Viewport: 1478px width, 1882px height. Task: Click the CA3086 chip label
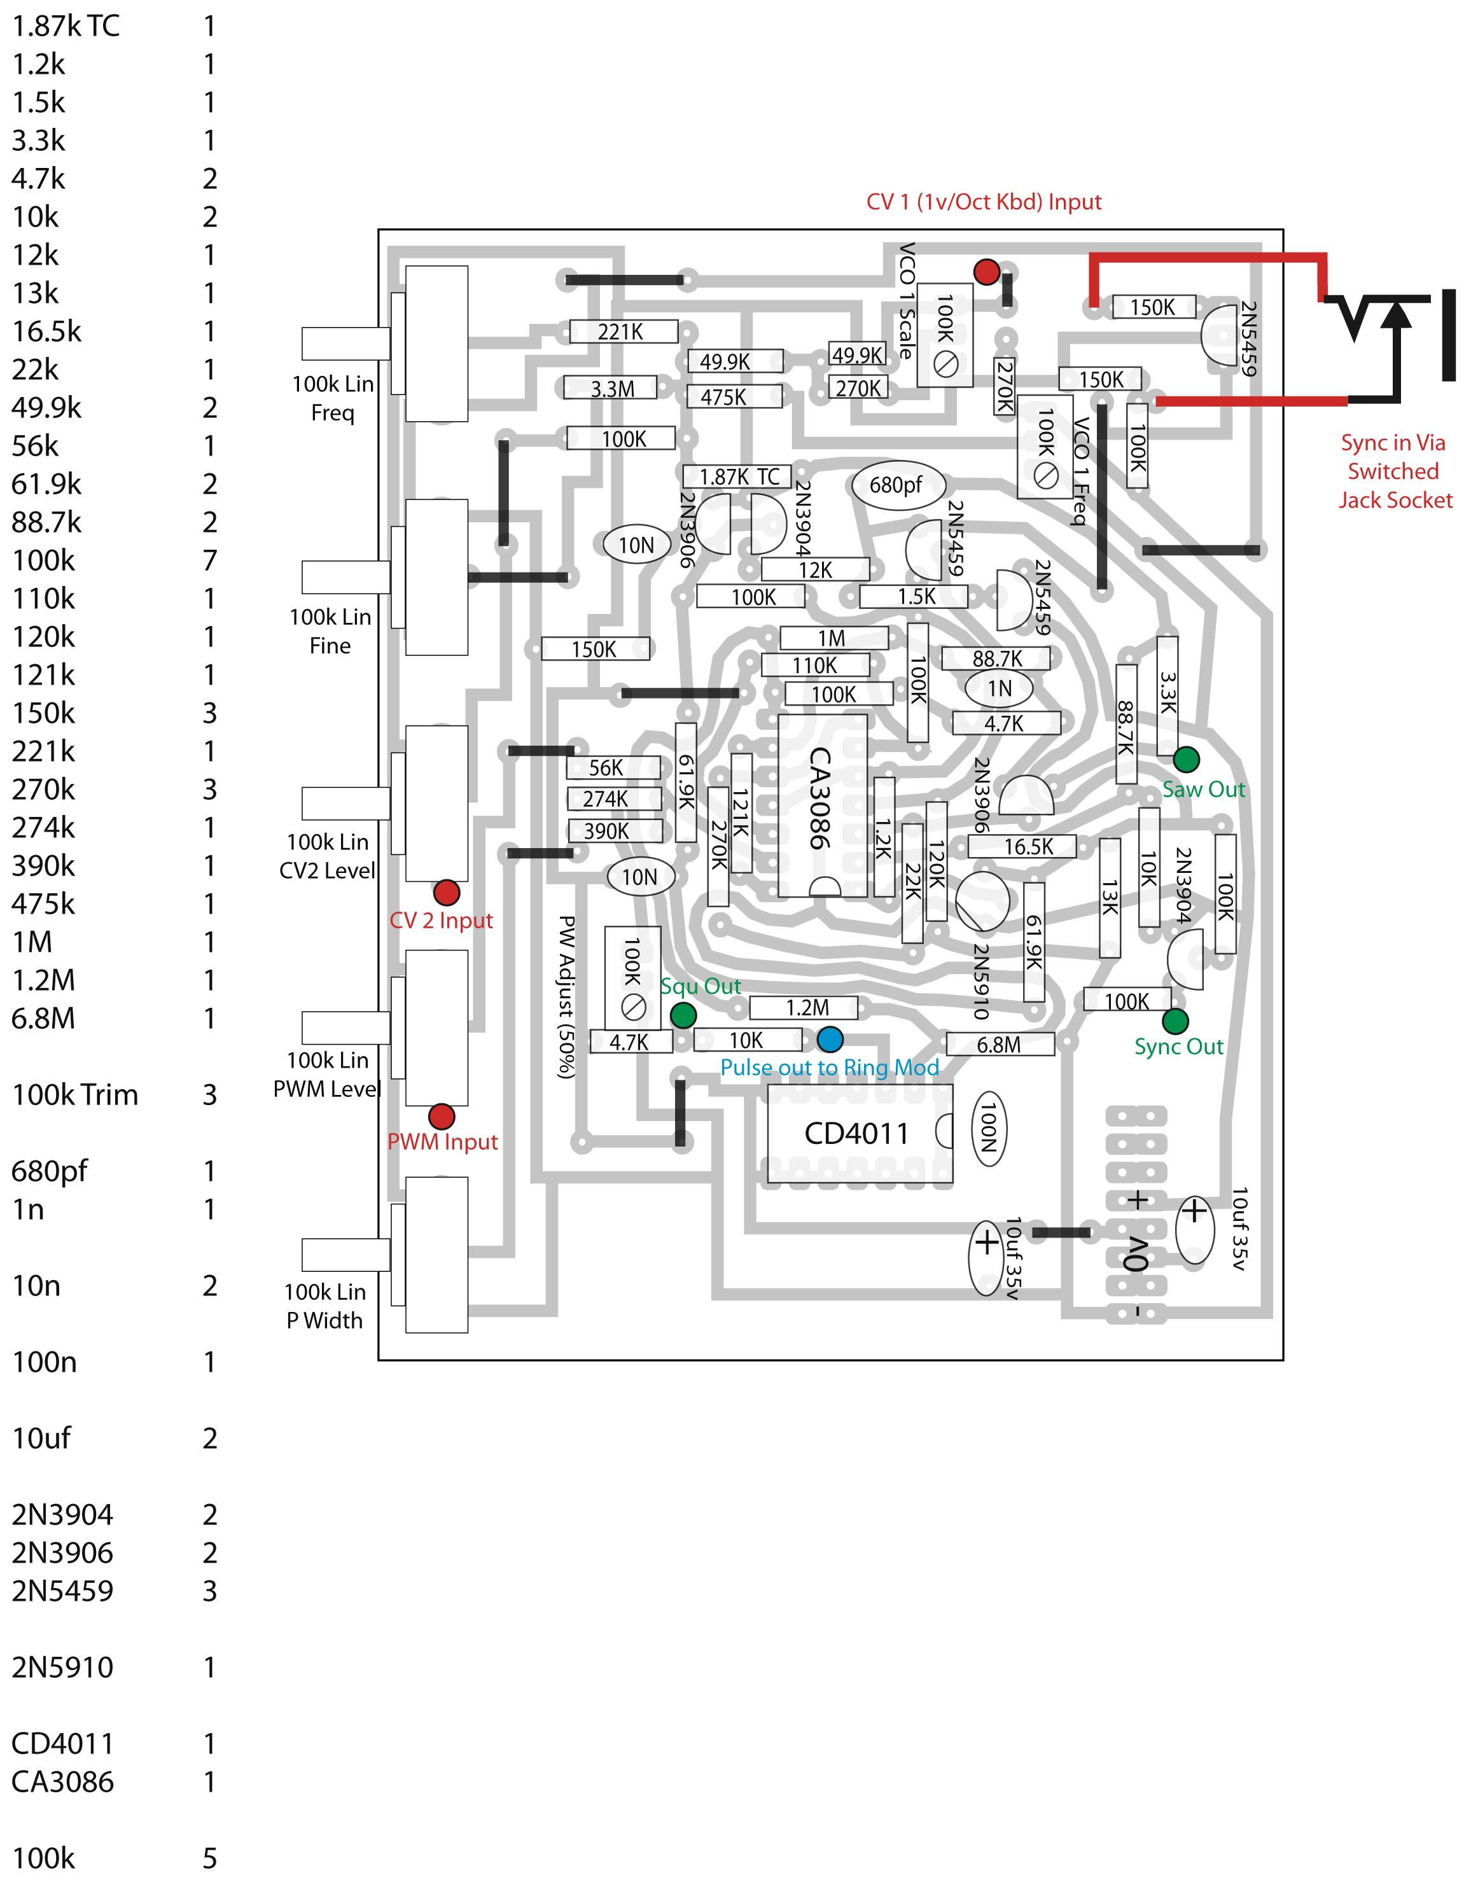pos(819,797)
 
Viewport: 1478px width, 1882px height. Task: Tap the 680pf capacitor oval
pos(896,485)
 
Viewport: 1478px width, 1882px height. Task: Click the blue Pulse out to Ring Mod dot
pos(829,1038)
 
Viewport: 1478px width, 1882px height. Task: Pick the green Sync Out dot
pos(1175,1021)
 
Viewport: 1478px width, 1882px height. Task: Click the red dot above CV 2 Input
pos(447,892)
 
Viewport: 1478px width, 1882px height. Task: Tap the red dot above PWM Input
pos(442,1116)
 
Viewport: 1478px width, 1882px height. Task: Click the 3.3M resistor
pos(613,389)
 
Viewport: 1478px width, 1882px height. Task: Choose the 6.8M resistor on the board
pos(1000,1045)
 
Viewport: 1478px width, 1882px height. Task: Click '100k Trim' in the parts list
pos(75,1094)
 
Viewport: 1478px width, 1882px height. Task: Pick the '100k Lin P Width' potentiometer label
pos(325,1306)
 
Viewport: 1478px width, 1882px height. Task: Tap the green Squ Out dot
pos(683,1015)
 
